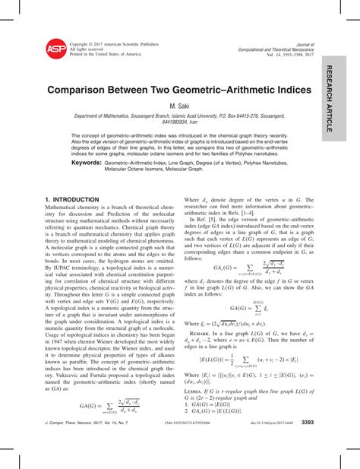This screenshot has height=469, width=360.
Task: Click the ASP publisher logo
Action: pyautogui.click(x=55, y=49)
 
